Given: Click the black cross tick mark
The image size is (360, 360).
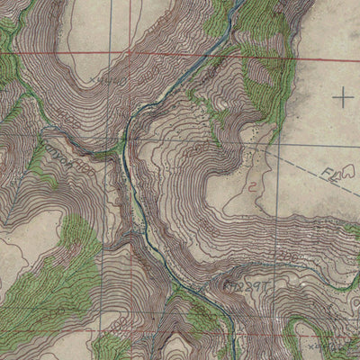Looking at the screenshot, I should (343, 95).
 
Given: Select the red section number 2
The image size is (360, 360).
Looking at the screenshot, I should (253, 187).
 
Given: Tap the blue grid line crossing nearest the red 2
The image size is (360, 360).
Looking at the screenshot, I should (277, 144).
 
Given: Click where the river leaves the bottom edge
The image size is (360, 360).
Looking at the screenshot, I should (232, 356).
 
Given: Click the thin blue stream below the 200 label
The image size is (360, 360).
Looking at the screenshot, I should (297, 270).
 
